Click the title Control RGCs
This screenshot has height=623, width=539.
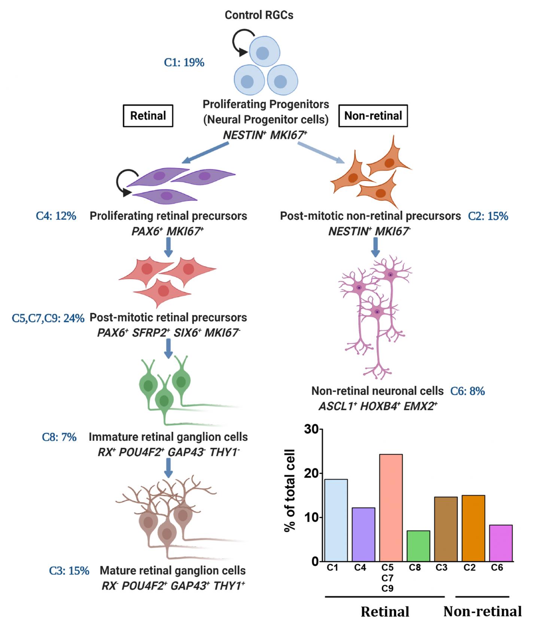click(x=259, y=15)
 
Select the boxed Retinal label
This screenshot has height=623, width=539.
click(x=148, y=116)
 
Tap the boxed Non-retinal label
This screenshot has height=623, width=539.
click(x=373, y=116)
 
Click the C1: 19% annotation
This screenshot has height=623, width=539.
click(x=184, y=62)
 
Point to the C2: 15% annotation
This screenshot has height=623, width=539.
click(x=488, y=216)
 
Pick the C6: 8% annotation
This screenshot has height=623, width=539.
click(x=468, y=391)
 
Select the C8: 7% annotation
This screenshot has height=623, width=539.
click(x=59, y=437)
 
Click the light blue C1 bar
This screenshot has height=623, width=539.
click(x=336, y=520)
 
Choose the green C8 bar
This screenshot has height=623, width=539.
click(x=418, y=546)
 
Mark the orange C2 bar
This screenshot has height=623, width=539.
click(x=473, y=528)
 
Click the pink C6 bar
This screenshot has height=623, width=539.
click(x=501, y=543)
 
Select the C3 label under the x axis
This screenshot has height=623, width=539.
click(x=441, y=568)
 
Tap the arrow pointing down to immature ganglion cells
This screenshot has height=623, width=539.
click(x=168, y=349)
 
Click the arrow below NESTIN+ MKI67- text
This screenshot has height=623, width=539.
click(x=375, y=247)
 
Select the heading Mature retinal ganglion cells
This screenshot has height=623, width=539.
click(x=173, y=571)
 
